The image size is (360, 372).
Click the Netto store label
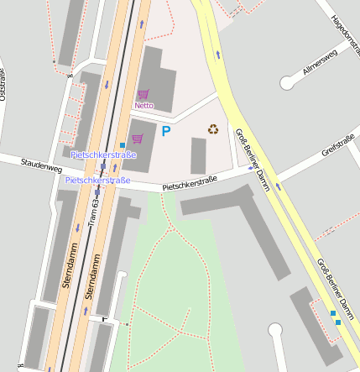pos(143,106)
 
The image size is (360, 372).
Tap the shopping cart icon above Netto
pos(143,95)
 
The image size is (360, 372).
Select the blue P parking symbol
pos(166,131)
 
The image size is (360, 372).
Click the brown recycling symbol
pos(213,129)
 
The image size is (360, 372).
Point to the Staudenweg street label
pos(41,165)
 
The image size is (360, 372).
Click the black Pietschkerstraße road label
pos(190,181)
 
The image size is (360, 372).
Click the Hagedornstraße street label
pos(345,34)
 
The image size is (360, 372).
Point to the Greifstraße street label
pos(339,149)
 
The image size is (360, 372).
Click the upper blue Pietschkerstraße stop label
pos(103,155)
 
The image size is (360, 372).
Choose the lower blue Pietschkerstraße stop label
pos(98,181)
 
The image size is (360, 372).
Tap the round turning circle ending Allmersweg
pos(290,83)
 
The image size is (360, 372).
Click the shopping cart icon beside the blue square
pos(138,139)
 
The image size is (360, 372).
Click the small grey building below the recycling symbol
pos(198,155)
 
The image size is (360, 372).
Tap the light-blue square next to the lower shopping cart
pos(123,144)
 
